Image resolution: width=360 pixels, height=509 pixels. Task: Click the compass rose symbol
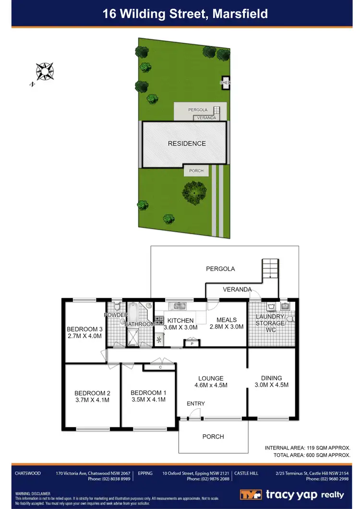tap(44, 71)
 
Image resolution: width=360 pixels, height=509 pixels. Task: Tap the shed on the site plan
tap(225, 83)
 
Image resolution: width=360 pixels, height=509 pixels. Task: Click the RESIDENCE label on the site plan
tap(187, 143)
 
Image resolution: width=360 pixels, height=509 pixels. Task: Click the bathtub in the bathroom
tap(133, 314)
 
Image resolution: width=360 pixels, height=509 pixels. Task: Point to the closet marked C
tap(160, 367)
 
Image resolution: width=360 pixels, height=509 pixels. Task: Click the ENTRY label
tap(196, 403)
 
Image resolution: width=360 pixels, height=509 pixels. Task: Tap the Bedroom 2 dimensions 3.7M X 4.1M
tap(93, 400)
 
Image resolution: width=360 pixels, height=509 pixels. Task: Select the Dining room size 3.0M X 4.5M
tap(271, 385)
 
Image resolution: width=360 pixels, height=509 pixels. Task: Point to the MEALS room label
tap(227, 320)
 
